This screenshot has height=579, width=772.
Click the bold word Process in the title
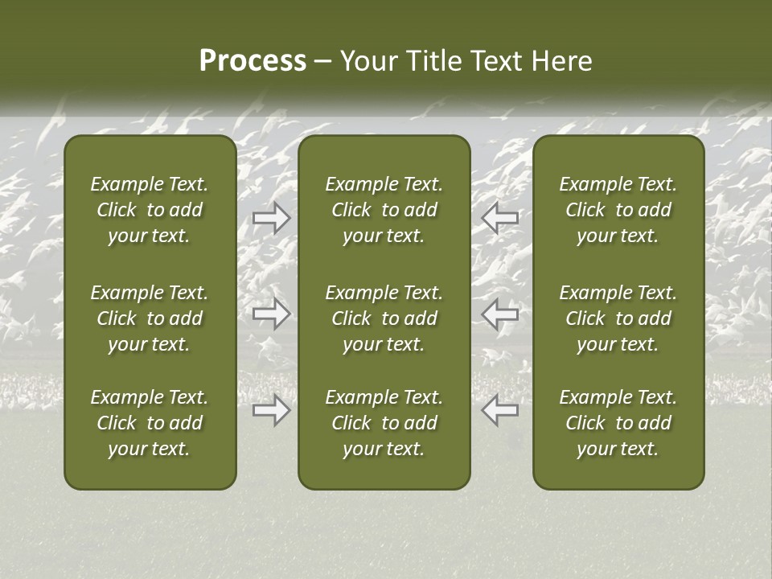pyautogui.click(x=253, y=61)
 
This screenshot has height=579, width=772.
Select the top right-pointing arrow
pyautogui.click(x=272, y=218)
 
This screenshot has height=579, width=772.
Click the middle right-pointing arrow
pyautogui.click(x=272, y=313)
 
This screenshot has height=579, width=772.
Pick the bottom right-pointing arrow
pyautogui.click(x=272, y=410)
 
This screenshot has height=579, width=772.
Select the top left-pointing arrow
pyautogui.click(x=500, y=218)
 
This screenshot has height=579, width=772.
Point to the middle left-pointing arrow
pyautogui.click(x=500, y=313)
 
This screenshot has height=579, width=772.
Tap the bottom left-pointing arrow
pyautogui.click(x=500, y=410)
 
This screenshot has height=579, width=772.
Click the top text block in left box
pyautogui.click(x=150, y=210)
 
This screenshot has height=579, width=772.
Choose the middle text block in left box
pyautogui.click(x=150, y=318)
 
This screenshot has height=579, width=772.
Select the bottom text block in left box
pyautogui.click(x=150, y=423)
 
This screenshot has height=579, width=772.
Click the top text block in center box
pyautogui.click(x=384, y=210)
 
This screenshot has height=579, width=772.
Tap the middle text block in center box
pyautogui.click(x=384, y=318)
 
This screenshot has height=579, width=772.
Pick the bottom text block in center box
pyautogui.click(x=384, y=423)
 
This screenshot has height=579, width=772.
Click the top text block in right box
pyautogui.click(x=618, y=210)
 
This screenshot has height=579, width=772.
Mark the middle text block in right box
pyautogui.click(x=618, y=318)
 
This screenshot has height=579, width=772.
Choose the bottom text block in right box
pyautogui.click(x=618, y=423)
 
